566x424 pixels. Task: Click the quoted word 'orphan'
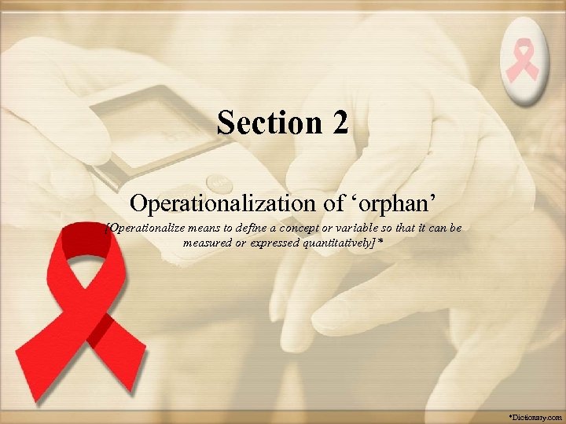[x=390, y=203]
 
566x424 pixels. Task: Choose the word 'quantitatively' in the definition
[x=340, y=243]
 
